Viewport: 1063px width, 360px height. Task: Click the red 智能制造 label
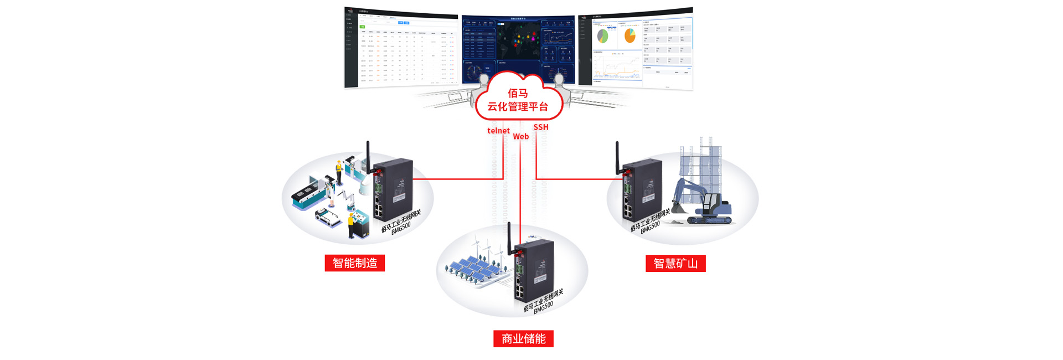[354, 263]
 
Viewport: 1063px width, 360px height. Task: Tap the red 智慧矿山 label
[675, 264]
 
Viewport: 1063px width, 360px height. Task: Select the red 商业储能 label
[523, 339]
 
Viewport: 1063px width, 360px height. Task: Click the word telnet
[498, 131]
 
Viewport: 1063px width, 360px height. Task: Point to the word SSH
[541, 127]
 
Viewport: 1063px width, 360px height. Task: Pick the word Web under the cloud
[520, 137]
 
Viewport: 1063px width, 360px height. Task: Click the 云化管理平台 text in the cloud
[518, 107]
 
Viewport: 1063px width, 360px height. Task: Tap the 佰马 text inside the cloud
[518, 93]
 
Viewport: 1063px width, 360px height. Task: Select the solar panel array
[473, 269]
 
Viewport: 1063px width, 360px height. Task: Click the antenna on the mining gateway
[617, 158]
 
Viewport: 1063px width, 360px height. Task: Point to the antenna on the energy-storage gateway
[509, 238]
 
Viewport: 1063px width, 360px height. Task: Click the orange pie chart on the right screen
[629, 36]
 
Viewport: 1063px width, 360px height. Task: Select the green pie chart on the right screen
[602, 37]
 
